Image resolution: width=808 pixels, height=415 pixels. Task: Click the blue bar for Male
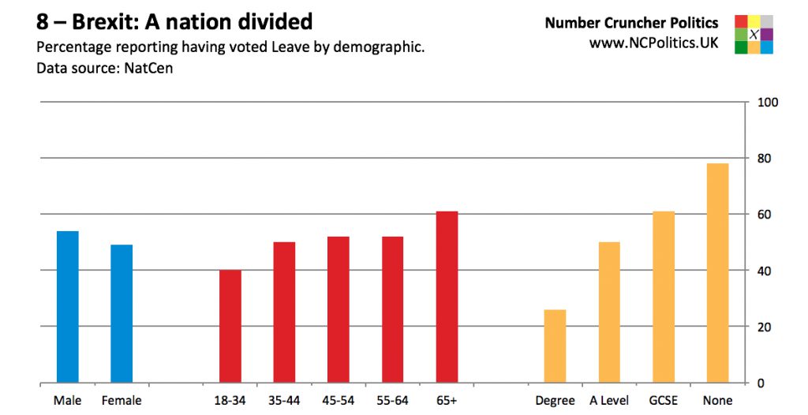pos(67,307)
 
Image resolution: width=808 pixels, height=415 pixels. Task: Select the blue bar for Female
pos(122,314)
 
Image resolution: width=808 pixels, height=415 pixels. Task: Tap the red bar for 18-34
pos(230,327)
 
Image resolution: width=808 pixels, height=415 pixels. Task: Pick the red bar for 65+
pos(447,297)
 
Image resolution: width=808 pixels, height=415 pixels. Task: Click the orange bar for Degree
pos(555,346)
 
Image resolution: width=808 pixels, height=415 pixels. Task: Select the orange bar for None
pos(717,273)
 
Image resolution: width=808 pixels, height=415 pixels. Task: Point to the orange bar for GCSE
pos(664,297)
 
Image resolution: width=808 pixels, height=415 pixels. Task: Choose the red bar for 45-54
pos(339,310)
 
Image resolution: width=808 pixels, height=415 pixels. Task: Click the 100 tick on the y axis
pos(768,103)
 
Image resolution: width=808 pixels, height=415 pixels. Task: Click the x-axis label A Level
pos(609,401)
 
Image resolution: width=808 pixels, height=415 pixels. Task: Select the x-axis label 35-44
pos(284,401)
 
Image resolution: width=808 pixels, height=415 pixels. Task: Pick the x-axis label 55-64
pos(392,401)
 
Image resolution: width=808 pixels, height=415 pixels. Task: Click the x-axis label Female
pos(122,401)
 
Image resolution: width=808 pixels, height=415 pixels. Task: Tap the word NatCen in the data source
pos(149,68)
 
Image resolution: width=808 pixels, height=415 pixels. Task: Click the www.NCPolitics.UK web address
pos(653,43)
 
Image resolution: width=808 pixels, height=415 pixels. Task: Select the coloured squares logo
pos(754,34)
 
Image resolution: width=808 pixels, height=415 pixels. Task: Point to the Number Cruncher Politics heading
pos(631,23)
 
